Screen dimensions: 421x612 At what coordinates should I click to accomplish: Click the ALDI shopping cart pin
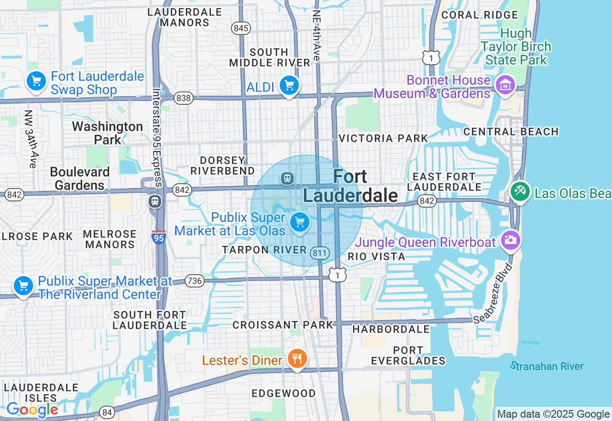pos(289,86)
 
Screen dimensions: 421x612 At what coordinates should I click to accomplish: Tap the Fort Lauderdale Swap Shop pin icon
pos(36,81)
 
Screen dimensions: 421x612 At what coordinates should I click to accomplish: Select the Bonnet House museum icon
pos(505,85)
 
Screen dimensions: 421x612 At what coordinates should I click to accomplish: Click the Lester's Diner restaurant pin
pos(297,359)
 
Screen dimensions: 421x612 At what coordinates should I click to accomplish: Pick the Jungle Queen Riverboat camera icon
pos(510,240)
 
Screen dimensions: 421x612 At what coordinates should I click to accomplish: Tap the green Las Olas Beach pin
pos(520,192)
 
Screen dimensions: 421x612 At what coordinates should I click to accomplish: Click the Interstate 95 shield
pos(159,237)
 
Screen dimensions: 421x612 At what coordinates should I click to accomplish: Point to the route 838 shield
pos(184,99)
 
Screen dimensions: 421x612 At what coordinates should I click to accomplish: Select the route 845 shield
pos(241,28)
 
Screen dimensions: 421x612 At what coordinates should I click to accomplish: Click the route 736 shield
pos(195,280)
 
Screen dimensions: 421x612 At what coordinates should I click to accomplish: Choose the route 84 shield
pos(107,412)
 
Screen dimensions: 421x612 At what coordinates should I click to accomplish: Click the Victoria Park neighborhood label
pos(383,138)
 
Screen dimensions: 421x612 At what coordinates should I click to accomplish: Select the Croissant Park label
pos(283,325)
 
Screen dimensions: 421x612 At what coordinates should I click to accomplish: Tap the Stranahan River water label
pos(547,366)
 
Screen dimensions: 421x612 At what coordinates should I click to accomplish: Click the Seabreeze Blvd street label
pos(493,293)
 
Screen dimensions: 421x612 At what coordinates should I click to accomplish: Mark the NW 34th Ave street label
pos(30,139)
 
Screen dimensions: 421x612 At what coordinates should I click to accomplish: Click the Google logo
pos(32,410)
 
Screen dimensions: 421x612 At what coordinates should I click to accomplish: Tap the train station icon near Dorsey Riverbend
pos(287,178)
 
